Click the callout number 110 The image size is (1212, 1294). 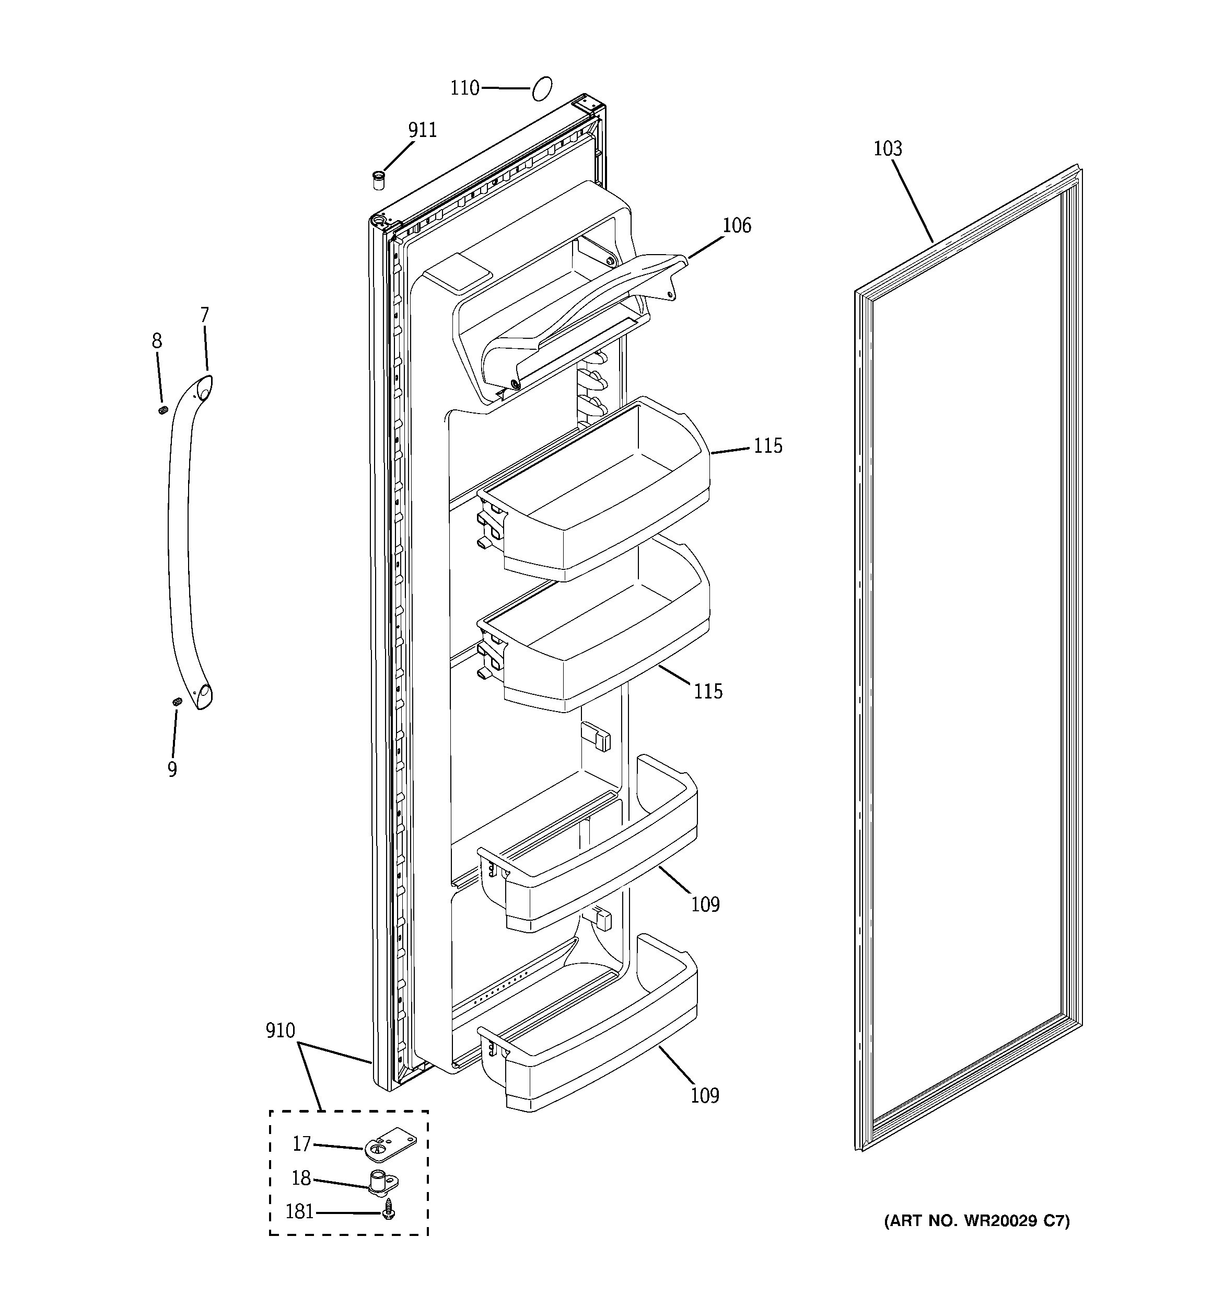pyautogui.click(x=464, y=88)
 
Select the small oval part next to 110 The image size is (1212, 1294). pyautogui.click(x=542, y=88)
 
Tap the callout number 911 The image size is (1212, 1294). pyautogui.click(x=422, y=131)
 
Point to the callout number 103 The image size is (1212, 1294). pyautogui.click(x=888, y=149)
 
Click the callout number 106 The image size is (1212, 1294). pyautogui.click(x=737, y=226)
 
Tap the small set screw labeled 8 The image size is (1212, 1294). pyautogui.click(x=164, y=409)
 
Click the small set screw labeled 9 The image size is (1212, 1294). pyautogui.click(x=176, y=702)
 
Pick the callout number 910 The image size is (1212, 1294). pyautogui.click(x=281, y=1031)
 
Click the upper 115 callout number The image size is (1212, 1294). pyautogui.click(x=767, y=446)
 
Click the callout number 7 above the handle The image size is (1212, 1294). pyautogui.click(x=204, y=316)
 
